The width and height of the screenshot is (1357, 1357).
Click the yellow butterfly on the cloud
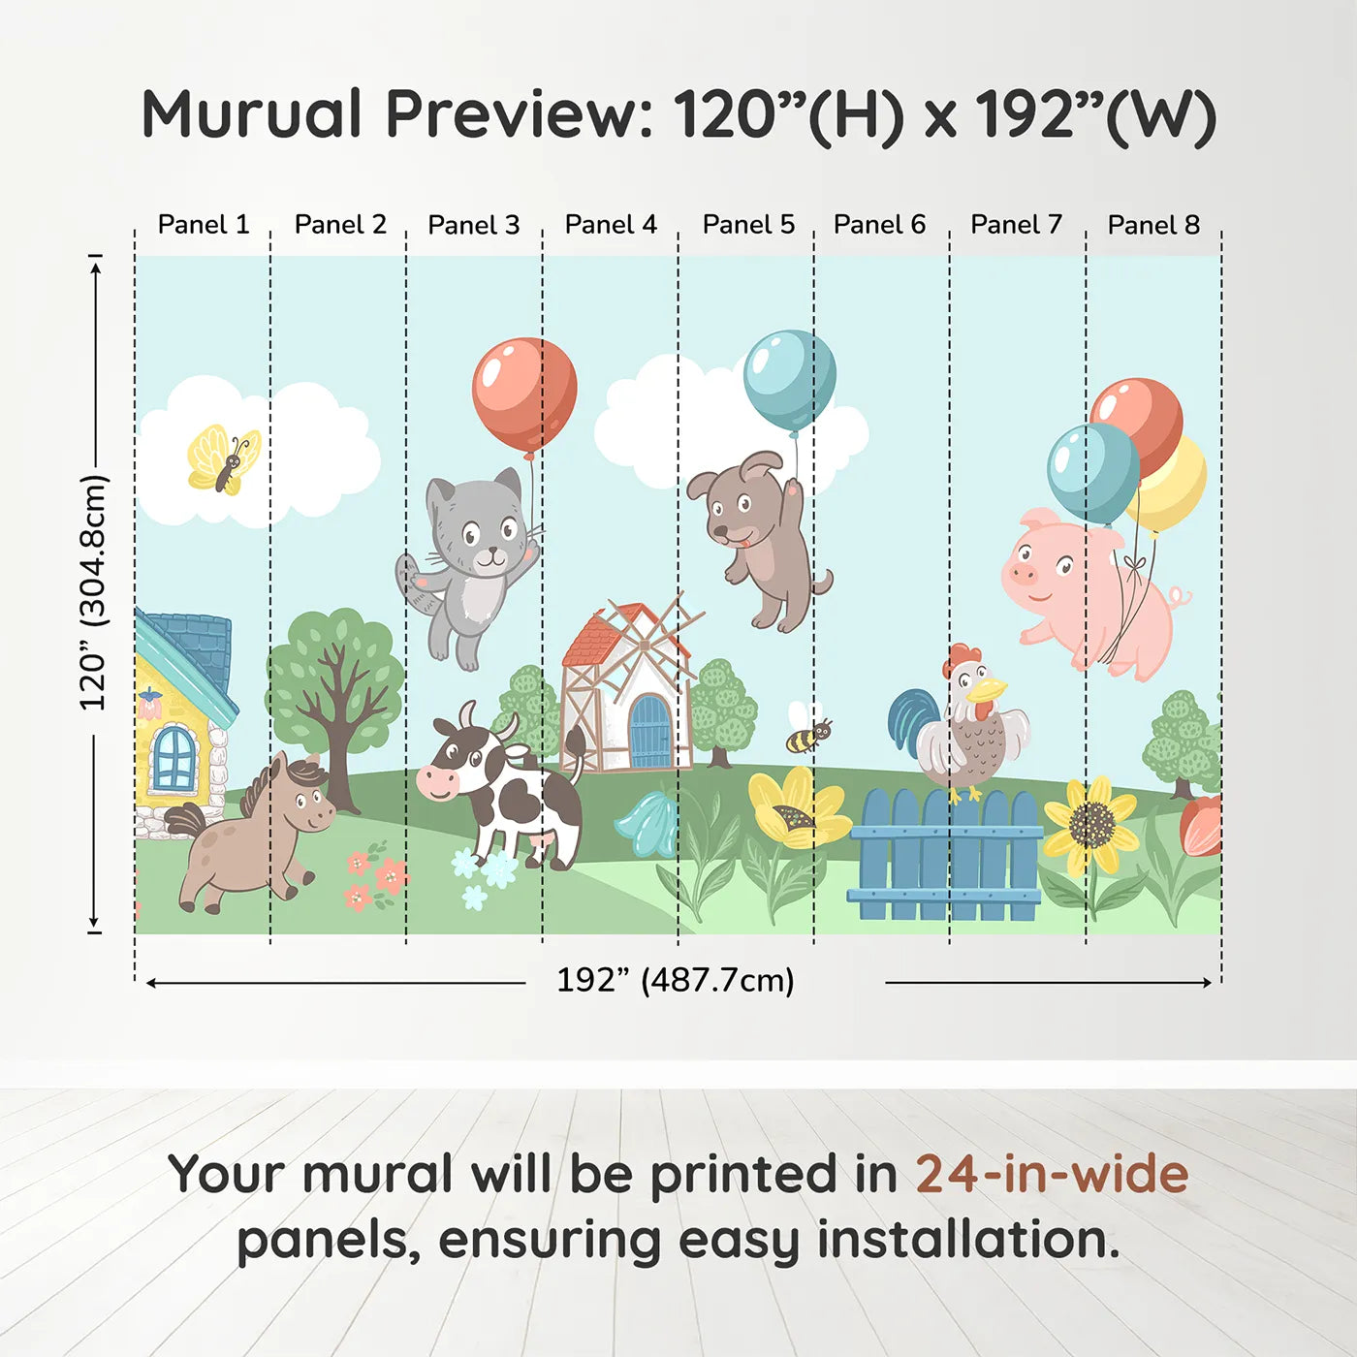[224, 459]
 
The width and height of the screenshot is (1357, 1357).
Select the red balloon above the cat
[524, 394]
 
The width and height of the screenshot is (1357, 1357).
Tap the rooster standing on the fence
[965, 722]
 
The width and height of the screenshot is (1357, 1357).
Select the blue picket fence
[944, 857]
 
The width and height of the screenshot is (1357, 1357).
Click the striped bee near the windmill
[807, 735]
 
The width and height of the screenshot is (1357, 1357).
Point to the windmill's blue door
[649, 733]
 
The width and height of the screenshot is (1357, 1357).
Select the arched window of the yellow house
[174, 757]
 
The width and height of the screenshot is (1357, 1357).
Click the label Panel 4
[611, 225]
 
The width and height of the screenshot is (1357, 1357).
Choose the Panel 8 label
[1153, 225]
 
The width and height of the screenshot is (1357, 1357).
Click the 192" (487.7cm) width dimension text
[675, 980]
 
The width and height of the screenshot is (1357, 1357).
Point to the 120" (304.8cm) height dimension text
[93, 592]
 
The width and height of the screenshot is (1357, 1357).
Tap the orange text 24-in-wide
[1052, 1175]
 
